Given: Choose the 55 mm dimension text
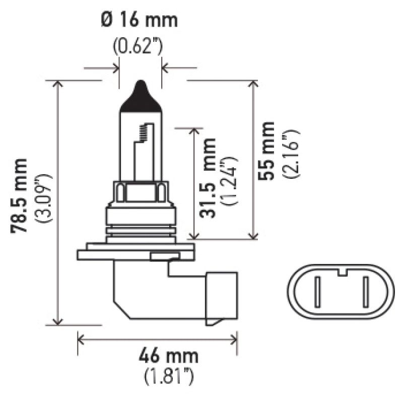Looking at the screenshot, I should [267, 151].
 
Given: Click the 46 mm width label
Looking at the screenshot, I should [169, 357].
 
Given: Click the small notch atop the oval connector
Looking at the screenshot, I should [343, 274].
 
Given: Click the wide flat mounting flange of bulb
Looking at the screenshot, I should [135, 251].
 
